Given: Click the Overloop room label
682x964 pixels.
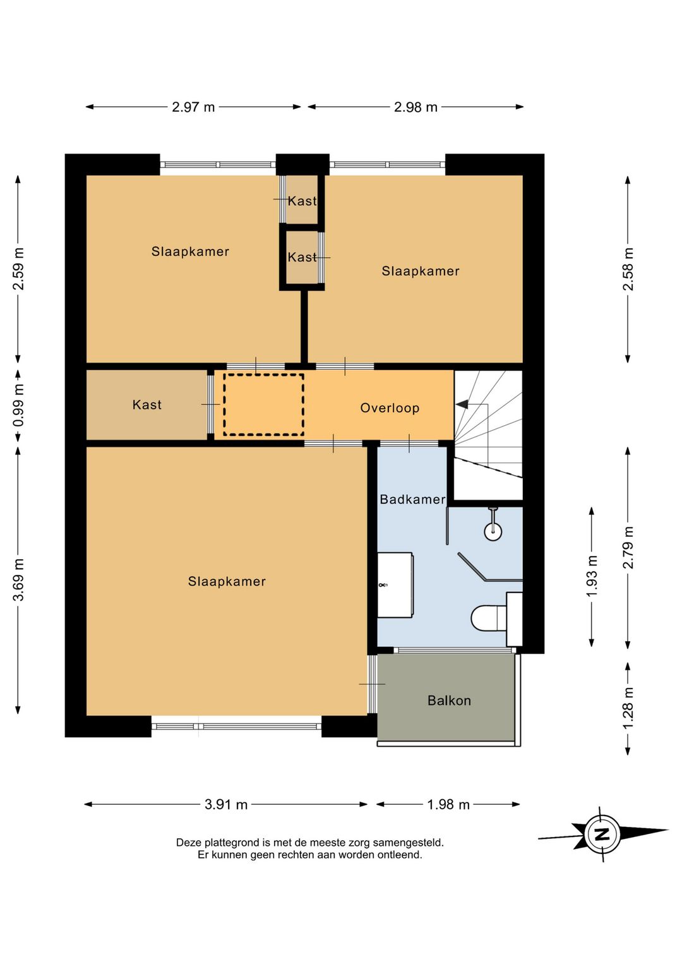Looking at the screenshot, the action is tap(390, 408).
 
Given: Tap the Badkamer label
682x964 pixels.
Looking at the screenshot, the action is tap(412, 499).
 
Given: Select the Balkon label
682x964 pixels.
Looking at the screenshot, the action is tap(449, 701).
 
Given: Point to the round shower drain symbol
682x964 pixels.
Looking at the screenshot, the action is tap(493, 531).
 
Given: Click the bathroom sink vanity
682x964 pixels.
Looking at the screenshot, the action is tap(395, 585).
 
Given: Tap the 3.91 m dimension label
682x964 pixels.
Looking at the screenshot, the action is tap(226, 804).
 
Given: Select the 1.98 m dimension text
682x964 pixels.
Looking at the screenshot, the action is tap(448, 804).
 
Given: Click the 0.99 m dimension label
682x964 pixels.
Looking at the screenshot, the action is tap(18, 405).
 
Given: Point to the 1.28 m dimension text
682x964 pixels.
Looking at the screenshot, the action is tap(628, 708).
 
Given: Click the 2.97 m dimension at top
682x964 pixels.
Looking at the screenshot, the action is tap(193, 107).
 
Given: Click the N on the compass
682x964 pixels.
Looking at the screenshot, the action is tap(602, 834).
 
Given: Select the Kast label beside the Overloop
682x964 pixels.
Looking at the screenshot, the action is tap(147, 405).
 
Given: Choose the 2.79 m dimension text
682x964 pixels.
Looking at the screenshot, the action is tap(628, 548).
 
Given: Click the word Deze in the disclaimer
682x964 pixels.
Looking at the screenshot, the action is tap(189, 843).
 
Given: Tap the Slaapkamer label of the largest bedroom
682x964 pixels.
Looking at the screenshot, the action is tap(227, 582).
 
